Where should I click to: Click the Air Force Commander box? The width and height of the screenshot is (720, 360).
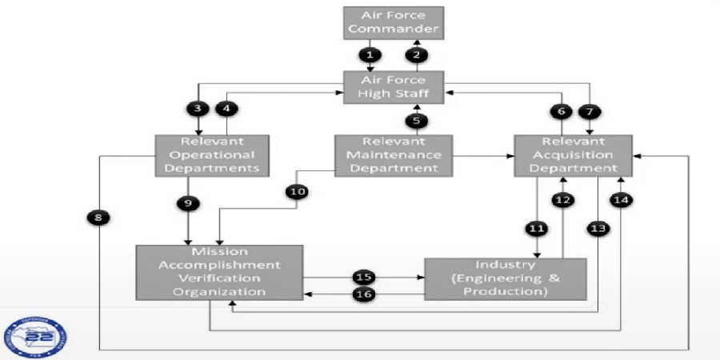tap(392, 22)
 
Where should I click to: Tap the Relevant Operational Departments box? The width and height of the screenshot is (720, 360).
tap(211, 154)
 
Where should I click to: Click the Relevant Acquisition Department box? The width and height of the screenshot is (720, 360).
tap(573, 154)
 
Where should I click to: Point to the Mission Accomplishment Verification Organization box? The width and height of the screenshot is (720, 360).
tap(219, 272)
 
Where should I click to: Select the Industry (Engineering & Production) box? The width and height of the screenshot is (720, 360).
tap(506, 278)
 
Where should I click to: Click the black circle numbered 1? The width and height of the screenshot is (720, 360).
tap(369, 54)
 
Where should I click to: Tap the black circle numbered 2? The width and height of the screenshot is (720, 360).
tap(416, 54)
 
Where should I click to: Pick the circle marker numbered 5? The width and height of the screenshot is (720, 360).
tap(416, 121)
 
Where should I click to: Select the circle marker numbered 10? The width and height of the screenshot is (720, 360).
tap(297, 192)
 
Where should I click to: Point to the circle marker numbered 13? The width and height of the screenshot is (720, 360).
tap(598, 229)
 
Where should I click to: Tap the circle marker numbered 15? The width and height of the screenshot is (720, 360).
tap(364, 277)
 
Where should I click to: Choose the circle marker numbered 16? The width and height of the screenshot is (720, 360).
tap(364, 294)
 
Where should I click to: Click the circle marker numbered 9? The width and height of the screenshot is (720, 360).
tap(188, 203)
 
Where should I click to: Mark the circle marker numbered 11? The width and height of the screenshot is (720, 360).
tap(536, 229)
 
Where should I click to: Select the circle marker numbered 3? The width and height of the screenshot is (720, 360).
tap(196, 108)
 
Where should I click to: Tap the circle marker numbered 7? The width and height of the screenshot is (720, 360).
tap(593, 111)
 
